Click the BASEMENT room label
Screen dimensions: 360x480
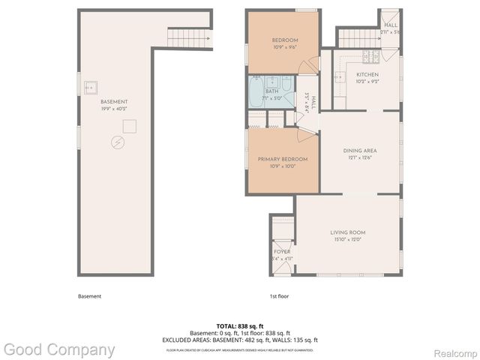pyautogui.click(x=114, y=102)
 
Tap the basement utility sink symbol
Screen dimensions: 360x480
pyautogui.click(x=91, y=87)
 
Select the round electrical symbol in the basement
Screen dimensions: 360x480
pyautogui.click(x=117, y=141)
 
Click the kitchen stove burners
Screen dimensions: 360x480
pyautogui.click(x=370, y=56)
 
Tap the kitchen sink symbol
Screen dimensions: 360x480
pyautogui.click(x=337, y=76)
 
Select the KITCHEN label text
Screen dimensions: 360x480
pyautogui.click(x=367, y=75)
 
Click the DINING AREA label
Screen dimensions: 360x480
pyautogui.click(x=360, y=151)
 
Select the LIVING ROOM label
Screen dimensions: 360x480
pyautogui.click(x=348, y=232)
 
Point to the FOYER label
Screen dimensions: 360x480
pyautogui.click(x=282, y=252)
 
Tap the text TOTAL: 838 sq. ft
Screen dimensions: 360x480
pyautogui.click(x=239, y=325)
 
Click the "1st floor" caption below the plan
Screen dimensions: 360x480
pyautogui.click(x=279, y=296)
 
